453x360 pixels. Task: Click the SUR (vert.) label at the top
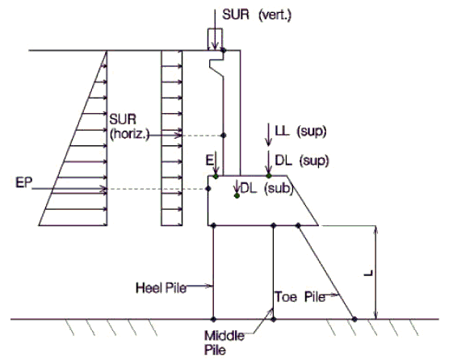[x=257, y=15]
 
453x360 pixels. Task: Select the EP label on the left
[x=24, y=182]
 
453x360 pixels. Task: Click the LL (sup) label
[x=300, y=132]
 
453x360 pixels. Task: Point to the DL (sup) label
[x=302, y=161]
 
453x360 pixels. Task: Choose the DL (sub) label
[x=266, y=189]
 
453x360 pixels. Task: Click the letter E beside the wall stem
[x=209, y=161]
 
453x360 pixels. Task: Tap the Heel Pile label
[x=161, y=288]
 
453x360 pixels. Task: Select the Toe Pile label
[x=300, y=297]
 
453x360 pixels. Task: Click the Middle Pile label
[x=224, y=343]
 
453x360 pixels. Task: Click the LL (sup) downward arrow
[x=269, y=135]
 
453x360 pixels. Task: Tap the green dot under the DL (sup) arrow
[x=269, y=175]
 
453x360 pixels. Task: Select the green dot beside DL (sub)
[x=237, y=195]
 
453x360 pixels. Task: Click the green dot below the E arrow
[x=216, y=176]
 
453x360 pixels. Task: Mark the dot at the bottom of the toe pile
[x=354, y=319]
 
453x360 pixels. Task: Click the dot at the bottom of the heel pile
[x=213, y=319]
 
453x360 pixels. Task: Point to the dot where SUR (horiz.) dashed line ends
[x=224, y=135]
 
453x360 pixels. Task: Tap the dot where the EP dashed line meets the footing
[x=208, y=189]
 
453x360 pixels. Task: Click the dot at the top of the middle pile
[x=274, y=225]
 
